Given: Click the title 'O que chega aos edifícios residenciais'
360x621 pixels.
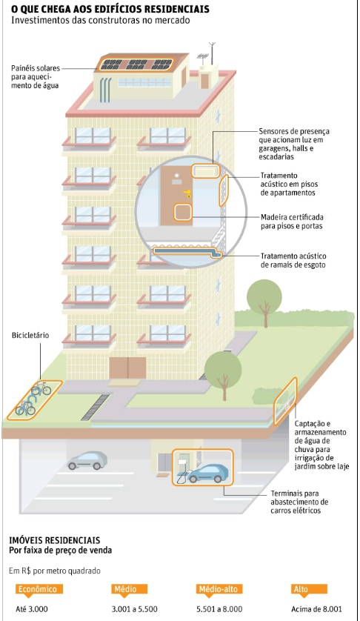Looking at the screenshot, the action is (110, 9).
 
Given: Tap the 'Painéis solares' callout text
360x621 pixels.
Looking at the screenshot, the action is (36, 77).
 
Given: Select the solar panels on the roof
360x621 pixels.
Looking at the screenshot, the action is (136, 64).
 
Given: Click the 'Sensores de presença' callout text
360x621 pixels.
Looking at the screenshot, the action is (294, 144).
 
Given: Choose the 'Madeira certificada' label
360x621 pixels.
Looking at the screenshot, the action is (292, 222).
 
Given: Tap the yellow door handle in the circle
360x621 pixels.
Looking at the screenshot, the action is (187, 193).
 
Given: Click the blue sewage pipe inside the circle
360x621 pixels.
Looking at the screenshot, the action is (187, 251).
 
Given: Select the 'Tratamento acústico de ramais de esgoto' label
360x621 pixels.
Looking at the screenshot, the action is (293, 261).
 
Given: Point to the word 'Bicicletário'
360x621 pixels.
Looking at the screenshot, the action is (30, 336).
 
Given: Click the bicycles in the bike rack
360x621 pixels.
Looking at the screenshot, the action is (33, 399).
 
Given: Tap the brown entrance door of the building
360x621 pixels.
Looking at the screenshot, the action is (127, 368).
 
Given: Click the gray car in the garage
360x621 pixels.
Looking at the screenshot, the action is (87, 460).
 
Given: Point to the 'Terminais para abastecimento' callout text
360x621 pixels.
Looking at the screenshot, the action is (299, 502).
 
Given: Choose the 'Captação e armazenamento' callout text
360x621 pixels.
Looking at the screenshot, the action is (321, 445).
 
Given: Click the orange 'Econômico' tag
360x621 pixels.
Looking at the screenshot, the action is (37, 589).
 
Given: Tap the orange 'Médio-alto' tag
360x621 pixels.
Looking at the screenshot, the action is (219, 589).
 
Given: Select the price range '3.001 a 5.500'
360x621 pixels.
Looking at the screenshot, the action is (134, 609).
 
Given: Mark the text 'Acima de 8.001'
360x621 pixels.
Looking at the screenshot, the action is (316, 609).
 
